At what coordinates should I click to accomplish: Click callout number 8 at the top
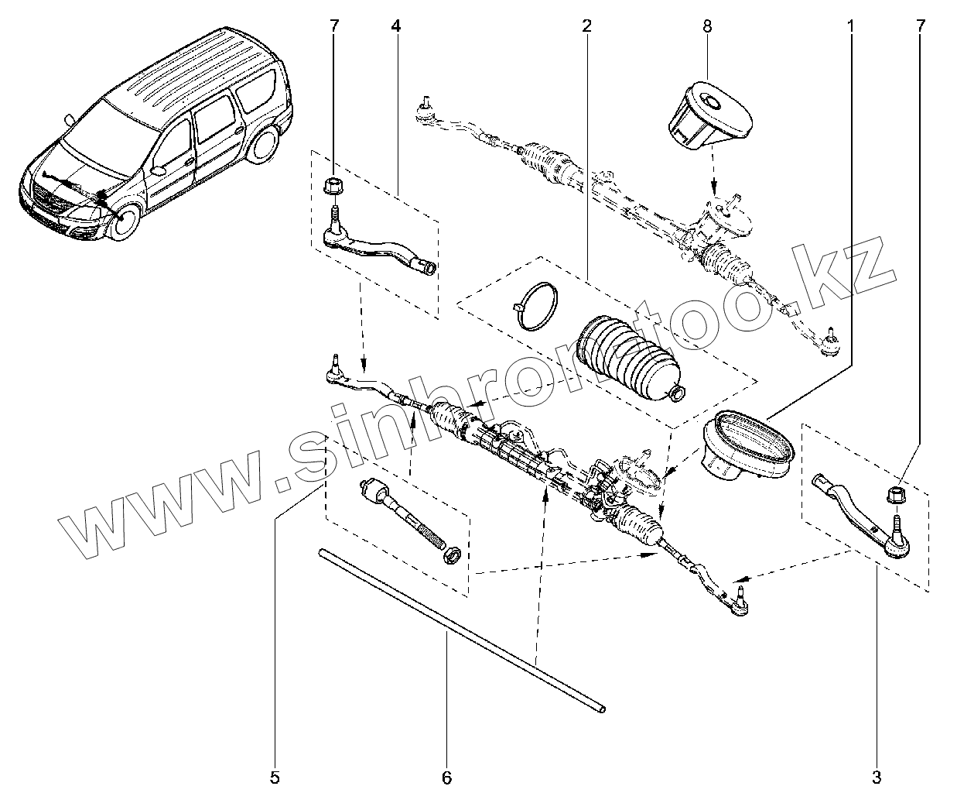707,26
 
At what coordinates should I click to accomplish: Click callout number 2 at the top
586,26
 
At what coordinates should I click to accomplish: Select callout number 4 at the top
395,26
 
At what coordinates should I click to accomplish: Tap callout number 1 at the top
850,26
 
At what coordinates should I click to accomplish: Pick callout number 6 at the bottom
446,776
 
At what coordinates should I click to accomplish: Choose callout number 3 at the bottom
877,776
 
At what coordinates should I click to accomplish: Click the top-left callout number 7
334,26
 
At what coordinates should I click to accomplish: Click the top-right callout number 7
920,26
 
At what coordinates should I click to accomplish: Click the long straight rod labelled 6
460,629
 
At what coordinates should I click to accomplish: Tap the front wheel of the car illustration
123,221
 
